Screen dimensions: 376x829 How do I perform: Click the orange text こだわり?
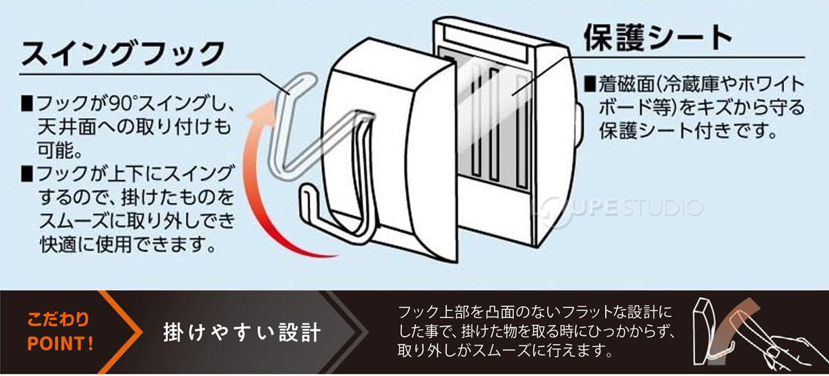58,321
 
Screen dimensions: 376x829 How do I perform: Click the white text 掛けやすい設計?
241,332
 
